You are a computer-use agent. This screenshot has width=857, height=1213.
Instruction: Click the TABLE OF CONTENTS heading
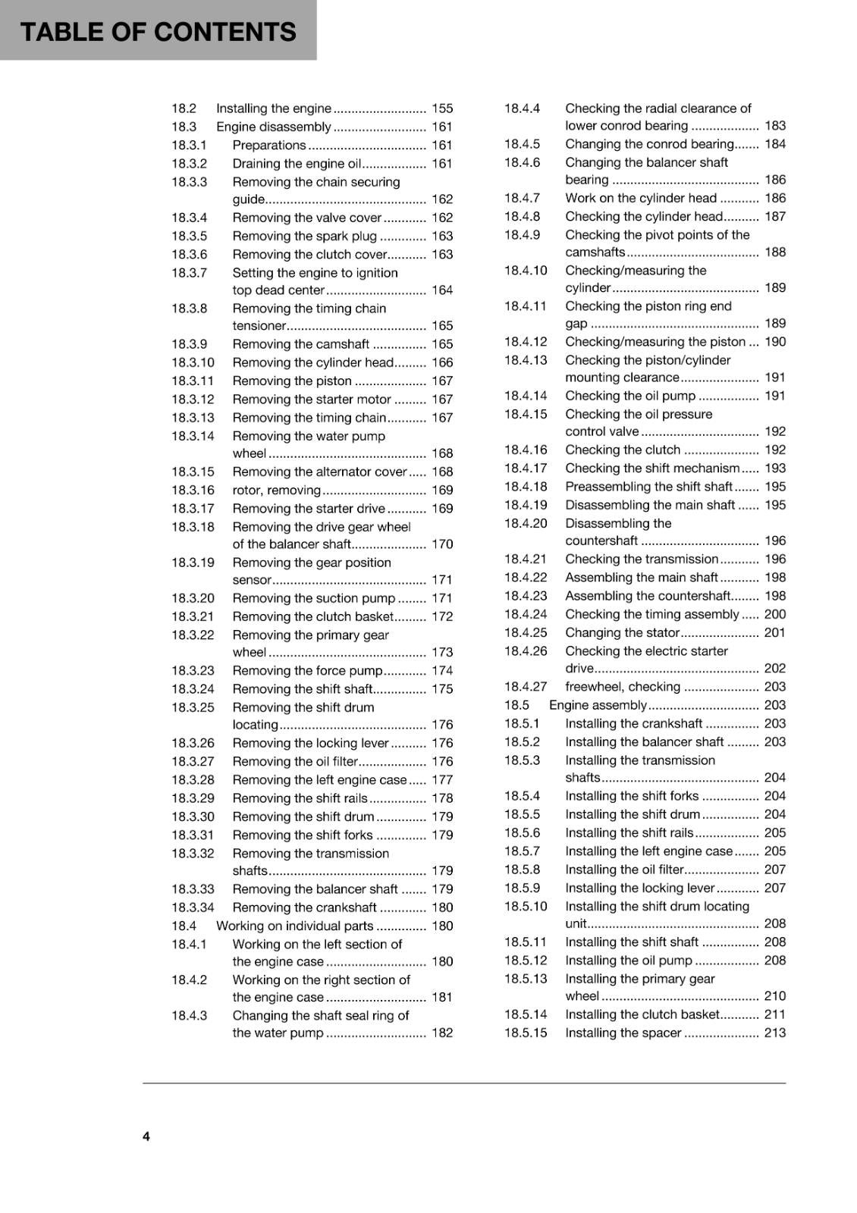158,32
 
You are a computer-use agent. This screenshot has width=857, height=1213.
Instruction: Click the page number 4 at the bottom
146,1136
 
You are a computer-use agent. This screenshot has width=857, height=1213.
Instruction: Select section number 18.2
184,108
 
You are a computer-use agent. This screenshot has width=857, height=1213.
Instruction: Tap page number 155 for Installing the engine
442,108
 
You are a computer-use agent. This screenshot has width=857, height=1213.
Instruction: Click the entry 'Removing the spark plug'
305,236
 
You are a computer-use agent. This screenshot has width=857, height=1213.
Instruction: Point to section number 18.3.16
193,490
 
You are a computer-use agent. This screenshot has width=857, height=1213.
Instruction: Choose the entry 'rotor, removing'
277,490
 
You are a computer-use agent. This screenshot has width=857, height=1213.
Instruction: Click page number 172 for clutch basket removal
442,616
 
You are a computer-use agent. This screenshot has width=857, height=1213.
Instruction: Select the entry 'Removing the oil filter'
295,761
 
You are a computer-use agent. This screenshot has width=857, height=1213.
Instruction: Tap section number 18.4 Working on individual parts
184,926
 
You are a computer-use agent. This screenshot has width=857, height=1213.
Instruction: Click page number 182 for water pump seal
442,1033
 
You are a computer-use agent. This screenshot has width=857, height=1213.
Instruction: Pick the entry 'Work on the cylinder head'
641,198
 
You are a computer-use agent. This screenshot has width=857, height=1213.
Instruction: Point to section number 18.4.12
526,341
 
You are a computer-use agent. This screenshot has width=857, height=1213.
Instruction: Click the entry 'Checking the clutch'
623,450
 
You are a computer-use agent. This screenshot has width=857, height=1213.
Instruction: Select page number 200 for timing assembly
775,614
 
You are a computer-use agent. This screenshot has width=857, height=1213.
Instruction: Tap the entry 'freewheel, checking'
623,687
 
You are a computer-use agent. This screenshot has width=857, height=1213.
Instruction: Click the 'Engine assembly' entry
598,705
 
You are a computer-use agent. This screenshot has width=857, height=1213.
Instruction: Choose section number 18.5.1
523,723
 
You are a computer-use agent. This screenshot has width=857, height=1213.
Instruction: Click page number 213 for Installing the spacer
775,1033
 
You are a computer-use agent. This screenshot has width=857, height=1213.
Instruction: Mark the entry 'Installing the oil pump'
629,961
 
